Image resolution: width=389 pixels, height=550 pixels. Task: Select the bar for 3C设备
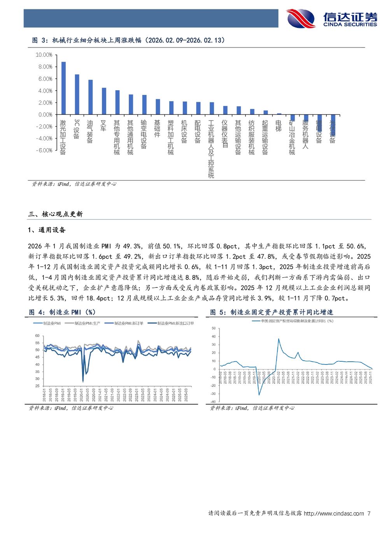coord(77,95)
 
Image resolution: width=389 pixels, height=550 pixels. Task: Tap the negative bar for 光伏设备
coord(333,124)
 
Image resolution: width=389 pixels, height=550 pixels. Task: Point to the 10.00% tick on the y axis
coord(44,55)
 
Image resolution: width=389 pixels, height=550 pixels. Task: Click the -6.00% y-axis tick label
coord(44,151)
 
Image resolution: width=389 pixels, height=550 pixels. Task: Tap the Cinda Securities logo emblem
coord(301,18)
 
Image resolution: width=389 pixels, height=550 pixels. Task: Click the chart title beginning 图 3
coord(128,40)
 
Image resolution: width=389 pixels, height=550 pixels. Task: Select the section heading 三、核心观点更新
coord(55,214)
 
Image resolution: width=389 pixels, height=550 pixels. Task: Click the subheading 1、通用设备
coord(47,230)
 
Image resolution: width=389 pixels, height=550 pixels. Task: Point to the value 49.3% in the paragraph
coord(132,246)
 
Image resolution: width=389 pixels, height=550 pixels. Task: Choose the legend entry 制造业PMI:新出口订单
coord(175,323)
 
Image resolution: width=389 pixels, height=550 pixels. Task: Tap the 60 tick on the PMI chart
coord(37,336)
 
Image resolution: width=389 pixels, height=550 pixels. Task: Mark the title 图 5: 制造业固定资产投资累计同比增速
coord(272,312)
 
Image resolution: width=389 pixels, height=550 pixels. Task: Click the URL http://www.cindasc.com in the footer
coord(334,513)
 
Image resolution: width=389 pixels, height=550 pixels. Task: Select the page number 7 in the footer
coord(369,513)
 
